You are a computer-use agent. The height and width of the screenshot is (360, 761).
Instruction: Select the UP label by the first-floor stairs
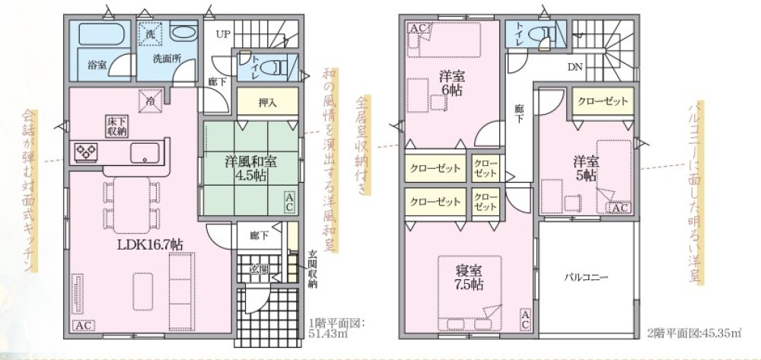(x=222, y=34)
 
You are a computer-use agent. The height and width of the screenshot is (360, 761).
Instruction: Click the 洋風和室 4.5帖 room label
(x=245, y=168)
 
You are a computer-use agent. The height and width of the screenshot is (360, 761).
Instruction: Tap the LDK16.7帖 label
(x=150, y=244)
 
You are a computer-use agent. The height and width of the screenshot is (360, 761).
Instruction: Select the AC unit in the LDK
(x=84, y=325)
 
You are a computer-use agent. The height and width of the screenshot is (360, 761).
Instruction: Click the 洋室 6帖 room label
(x=451, y=82)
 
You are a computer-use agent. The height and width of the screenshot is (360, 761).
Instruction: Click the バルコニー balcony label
(x=585, y=278)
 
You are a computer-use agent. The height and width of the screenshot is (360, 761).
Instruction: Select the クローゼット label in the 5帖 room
(x=603, y=101)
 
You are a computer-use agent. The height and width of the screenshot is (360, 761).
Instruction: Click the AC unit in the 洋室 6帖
(x=418, y=28)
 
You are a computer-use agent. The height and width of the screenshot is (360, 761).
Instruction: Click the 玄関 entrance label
(x=259, y=269)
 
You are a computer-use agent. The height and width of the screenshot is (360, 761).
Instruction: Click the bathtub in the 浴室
(x=103, y=35)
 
